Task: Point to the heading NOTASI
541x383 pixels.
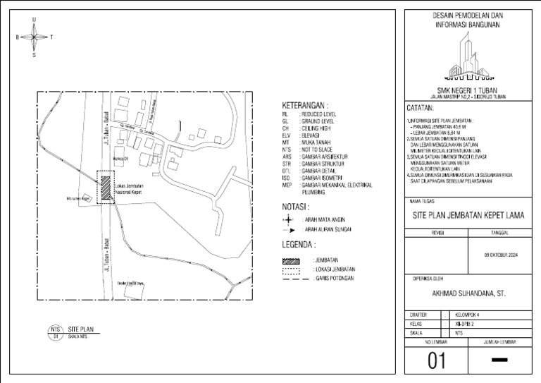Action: click(296, 207)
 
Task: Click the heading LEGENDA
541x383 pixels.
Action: click(299, 245)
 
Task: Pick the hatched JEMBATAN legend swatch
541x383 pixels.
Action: click(291, 260)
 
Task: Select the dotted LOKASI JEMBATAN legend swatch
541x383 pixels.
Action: click(291, 269)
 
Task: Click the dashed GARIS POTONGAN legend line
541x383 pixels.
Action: click(291, 279)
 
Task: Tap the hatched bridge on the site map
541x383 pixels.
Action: click(106, 188)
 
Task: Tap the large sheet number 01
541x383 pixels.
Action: click(437, 361)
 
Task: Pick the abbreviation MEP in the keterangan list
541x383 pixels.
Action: click(286, 185)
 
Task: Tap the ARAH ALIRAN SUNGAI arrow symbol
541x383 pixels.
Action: click(290, 230)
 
